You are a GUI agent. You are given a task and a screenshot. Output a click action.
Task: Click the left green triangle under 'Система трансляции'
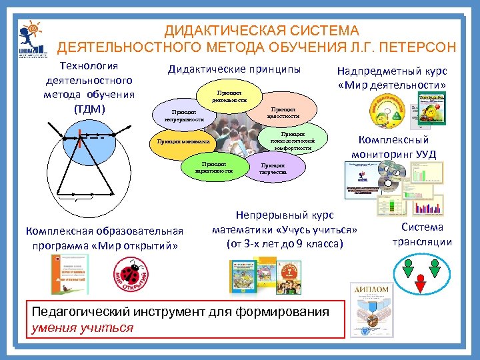407,269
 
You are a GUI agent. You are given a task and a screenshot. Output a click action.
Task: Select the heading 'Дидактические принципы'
234,69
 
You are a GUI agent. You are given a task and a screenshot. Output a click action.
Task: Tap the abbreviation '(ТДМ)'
89,108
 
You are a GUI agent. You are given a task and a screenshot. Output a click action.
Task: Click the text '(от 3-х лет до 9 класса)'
285,244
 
